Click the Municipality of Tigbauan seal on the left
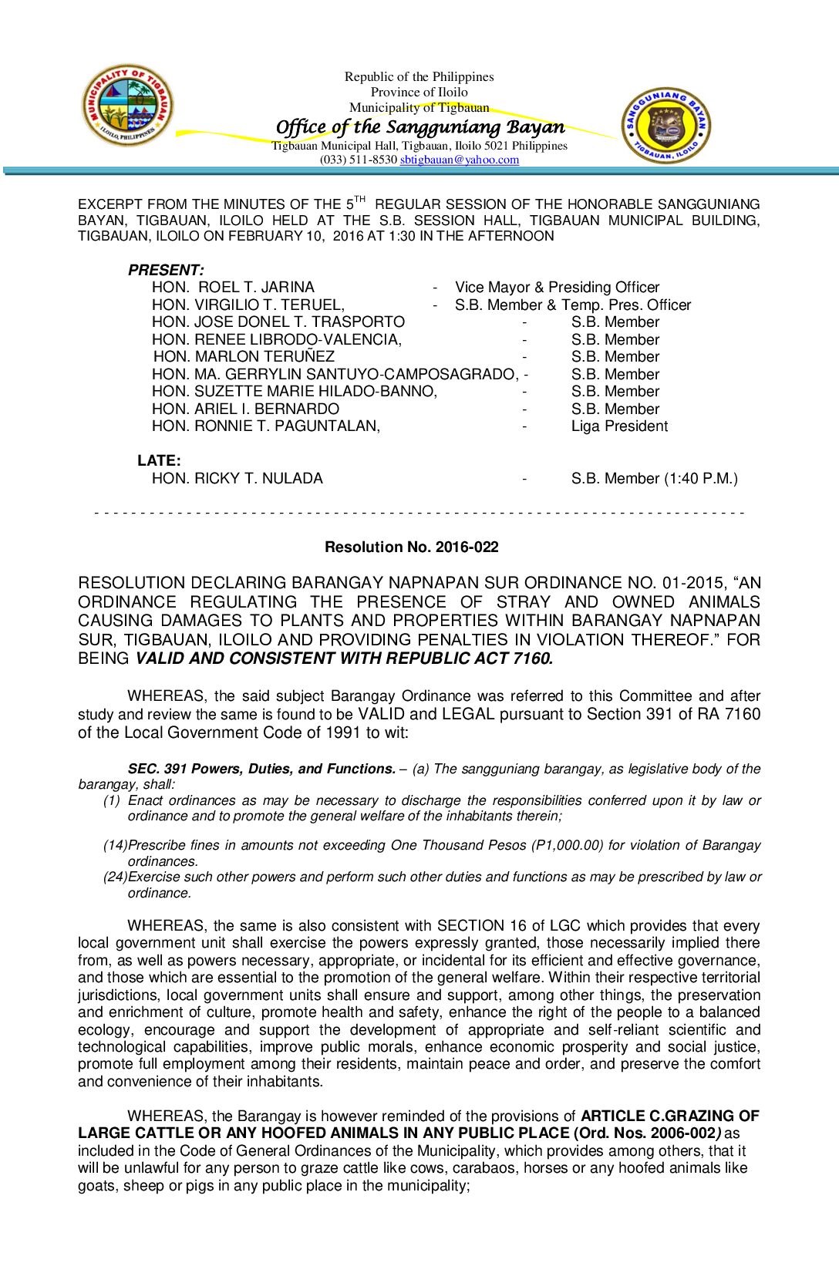(128, 105)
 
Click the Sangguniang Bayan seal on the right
(666, 125)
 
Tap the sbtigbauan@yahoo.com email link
(459, 160)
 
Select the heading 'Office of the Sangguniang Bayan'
(419, 127)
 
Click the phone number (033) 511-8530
(359, 160)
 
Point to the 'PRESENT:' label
(166, 270)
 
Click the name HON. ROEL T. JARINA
(233, 287)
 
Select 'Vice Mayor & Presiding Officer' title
(557, 287)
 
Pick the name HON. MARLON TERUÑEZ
(244, 356)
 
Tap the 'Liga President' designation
(619, 426)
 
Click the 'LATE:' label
(159, 460)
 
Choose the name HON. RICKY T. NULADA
(237, 478)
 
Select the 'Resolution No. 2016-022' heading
(411, 547)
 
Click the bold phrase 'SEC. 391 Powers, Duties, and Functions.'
(261, 769)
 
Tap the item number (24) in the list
(115, 877)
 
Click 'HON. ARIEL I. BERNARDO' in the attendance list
(245, 409)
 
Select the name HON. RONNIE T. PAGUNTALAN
(265, 426)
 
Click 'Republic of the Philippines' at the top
(419, 76)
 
